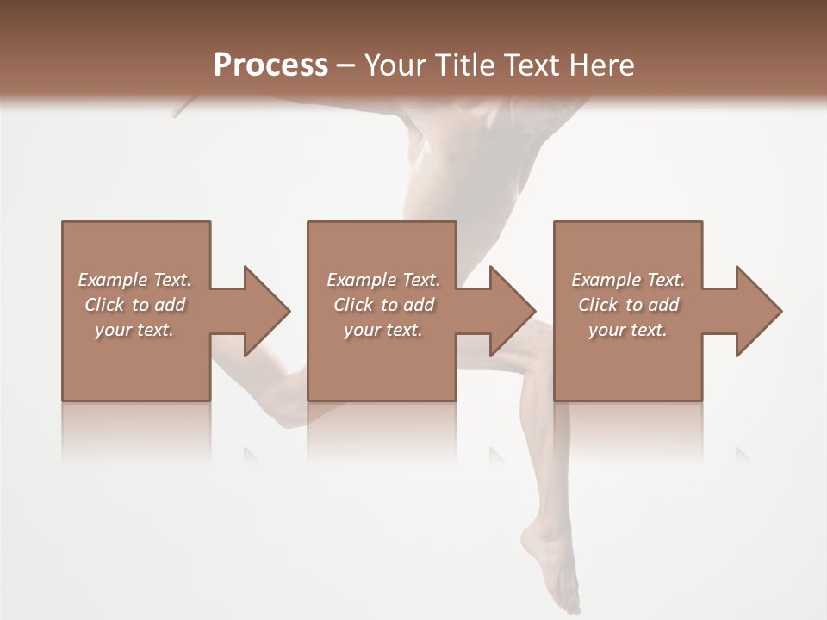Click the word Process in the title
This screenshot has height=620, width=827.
(x=270, y=65)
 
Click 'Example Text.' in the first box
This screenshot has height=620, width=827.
(x=134, y=280)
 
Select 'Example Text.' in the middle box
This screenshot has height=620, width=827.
(x=383, y=280)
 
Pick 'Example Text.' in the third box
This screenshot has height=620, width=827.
(x=628, y=280)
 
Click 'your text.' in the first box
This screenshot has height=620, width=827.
(x=134, y=330)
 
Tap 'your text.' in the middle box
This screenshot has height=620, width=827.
(x=383, y=330)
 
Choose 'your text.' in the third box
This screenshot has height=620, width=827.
(x=628, y=330)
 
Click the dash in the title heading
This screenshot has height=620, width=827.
(x=345, y=66)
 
